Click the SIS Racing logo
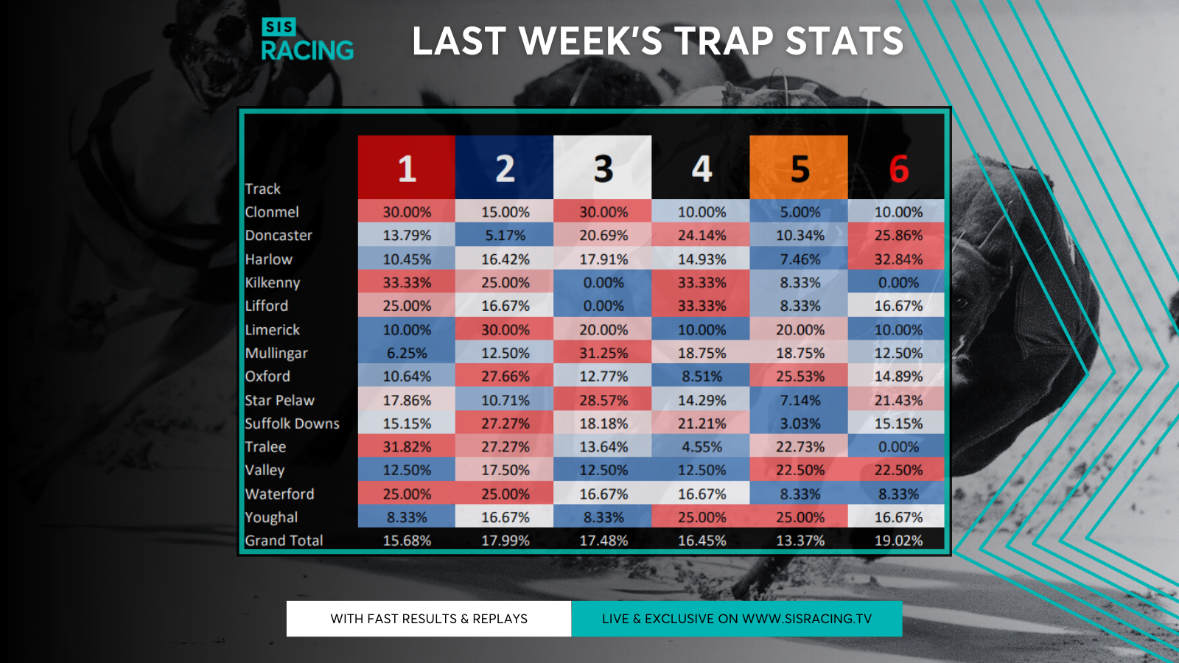point(307,40)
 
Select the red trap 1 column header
point(407,167)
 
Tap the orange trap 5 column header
point(800,167)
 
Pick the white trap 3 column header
point(603,167)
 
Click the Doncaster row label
point(279,236)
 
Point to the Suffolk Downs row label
point(292,424)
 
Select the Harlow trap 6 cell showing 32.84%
point(898,259)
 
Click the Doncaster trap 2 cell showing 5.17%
point(505,236)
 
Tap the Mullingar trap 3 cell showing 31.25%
point(604,353)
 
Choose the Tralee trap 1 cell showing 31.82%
point(407,447)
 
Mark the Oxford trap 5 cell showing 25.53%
point(800,376)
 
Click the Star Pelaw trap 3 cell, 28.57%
point(604,400)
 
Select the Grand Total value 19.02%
point(898,541)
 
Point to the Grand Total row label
point(284,541)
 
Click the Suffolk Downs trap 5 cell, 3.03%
point(800,424)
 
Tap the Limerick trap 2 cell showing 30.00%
point(505,330)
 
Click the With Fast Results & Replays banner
point(429,619)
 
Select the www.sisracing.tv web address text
point(807,619)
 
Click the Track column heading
point(263,189)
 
